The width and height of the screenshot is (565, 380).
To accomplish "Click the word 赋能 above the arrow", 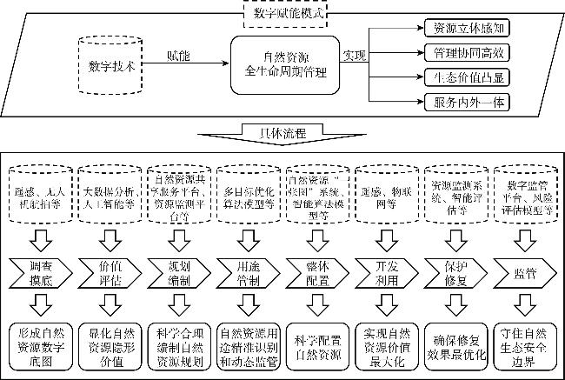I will click(178, 55).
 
